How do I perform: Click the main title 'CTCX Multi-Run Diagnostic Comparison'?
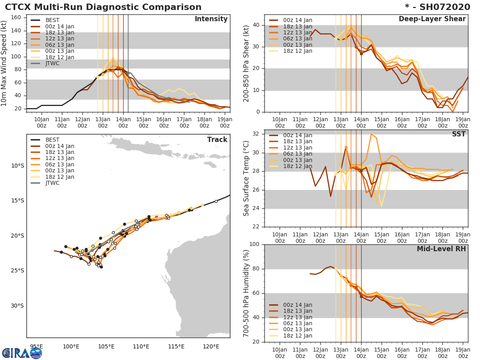(103, 7)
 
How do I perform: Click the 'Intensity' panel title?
(211, 19)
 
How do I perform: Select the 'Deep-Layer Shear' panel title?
(432, 19)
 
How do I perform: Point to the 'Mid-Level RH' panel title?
(441, 249)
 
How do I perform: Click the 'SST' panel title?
(459, 134)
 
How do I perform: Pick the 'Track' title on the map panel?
(217, 140)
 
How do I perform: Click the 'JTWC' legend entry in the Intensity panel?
(52, 63)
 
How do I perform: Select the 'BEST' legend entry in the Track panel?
(52, 140)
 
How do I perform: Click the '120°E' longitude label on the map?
(211, 346)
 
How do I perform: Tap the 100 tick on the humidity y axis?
(255, 244)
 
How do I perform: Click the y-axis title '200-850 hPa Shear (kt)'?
(246, 63)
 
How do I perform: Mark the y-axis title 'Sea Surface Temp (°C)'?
(246, 178)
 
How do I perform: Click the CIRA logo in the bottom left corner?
(22, 353)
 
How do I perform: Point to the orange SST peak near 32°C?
(371, 134)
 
